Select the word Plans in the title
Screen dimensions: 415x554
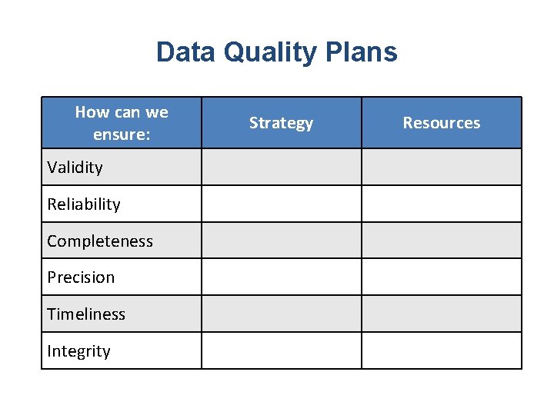click(361, 52)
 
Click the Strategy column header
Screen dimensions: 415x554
click(281, 123)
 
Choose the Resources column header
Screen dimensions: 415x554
click(441, 123)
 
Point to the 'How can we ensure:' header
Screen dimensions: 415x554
click(121, 123)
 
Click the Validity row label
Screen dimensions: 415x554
click(75, 167)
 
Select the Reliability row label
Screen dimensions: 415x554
click(84, 204)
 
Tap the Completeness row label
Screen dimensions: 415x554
click(100, 241)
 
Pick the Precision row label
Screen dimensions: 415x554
click(81, 277)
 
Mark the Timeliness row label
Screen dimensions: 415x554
click(86, 314)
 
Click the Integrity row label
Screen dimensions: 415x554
click(78, 350)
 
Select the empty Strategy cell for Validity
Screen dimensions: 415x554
click(281, 167)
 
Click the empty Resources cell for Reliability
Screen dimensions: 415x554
click(441, 204)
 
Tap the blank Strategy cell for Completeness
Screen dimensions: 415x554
click(281, 241)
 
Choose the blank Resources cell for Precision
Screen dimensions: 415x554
click(441, 277)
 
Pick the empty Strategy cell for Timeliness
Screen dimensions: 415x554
click(281, 314)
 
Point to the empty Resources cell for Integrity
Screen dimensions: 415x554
click(441, 350)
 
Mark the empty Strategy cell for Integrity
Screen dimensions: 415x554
click(281, 350)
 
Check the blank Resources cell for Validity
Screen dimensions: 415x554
click(441, 167)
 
